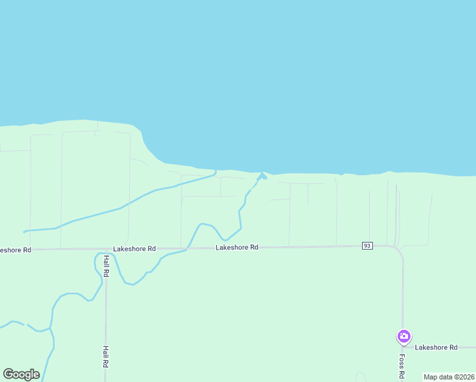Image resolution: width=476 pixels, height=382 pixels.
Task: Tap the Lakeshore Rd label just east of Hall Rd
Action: [134, 249]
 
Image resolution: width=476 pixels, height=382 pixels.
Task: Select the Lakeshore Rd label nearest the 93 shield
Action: [237, 247]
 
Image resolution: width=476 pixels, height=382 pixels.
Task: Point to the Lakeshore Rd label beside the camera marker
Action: [436, 348]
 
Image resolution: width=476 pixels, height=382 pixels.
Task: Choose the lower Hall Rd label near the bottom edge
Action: [105, 357]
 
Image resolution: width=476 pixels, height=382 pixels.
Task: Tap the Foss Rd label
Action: [402, 365]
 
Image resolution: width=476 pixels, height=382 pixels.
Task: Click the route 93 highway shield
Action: [367, 246]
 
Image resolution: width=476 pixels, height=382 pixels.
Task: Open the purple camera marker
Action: [403, 336]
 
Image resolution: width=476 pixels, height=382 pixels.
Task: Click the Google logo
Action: [21, 374]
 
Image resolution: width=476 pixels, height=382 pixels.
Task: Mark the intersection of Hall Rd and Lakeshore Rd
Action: [106, 249]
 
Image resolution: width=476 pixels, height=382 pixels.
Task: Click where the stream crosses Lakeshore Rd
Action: [188, 248]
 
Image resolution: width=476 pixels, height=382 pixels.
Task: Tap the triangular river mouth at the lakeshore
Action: [262, 175]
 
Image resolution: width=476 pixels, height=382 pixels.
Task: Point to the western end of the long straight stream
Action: [25, 231]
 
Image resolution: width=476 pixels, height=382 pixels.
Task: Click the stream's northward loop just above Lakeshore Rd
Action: [204, 225]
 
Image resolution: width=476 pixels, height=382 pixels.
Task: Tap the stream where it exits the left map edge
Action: [2, 327]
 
